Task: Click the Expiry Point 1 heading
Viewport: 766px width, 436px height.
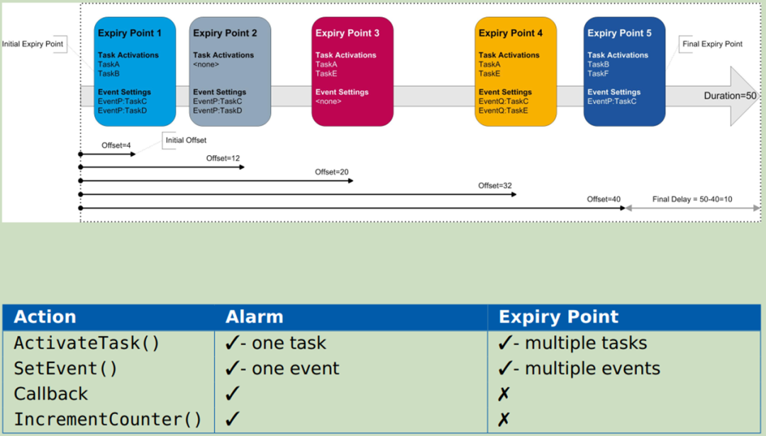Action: pos(130,33)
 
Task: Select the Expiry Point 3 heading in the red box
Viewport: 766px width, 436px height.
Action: pos(348,33)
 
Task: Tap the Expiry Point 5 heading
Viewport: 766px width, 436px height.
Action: pos(619,33)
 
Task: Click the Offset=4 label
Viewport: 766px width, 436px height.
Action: pos(116,145)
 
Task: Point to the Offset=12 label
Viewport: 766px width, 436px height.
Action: pos(223,158)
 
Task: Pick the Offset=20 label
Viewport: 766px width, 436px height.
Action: pos(332,172)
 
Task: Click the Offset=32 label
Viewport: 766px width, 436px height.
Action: pos(495,186)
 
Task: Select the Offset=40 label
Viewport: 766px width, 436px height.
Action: pos(604,199)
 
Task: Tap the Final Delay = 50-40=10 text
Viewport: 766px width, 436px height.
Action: pos(692,199)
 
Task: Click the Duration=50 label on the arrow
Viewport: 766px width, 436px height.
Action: pos(730,96)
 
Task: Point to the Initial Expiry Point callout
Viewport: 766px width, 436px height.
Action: pos(33,44)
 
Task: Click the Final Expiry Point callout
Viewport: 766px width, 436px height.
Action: pos(712,44)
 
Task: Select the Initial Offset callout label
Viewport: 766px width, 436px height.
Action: pos(186,140)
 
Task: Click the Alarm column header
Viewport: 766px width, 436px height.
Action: pos(254,317)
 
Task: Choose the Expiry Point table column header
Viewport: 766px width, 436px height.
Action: pos(558,317)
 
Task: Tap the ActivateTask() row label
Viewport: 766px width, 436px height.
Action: pos(87,342)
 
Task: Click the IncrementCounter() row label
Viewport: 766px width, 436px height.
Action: pos(108,419)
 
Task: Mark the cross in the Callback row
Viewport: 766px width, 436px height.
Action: pos(504,393)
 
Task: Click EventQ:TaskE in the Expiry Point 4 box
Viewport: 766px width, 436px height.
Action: pos(503,111)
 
